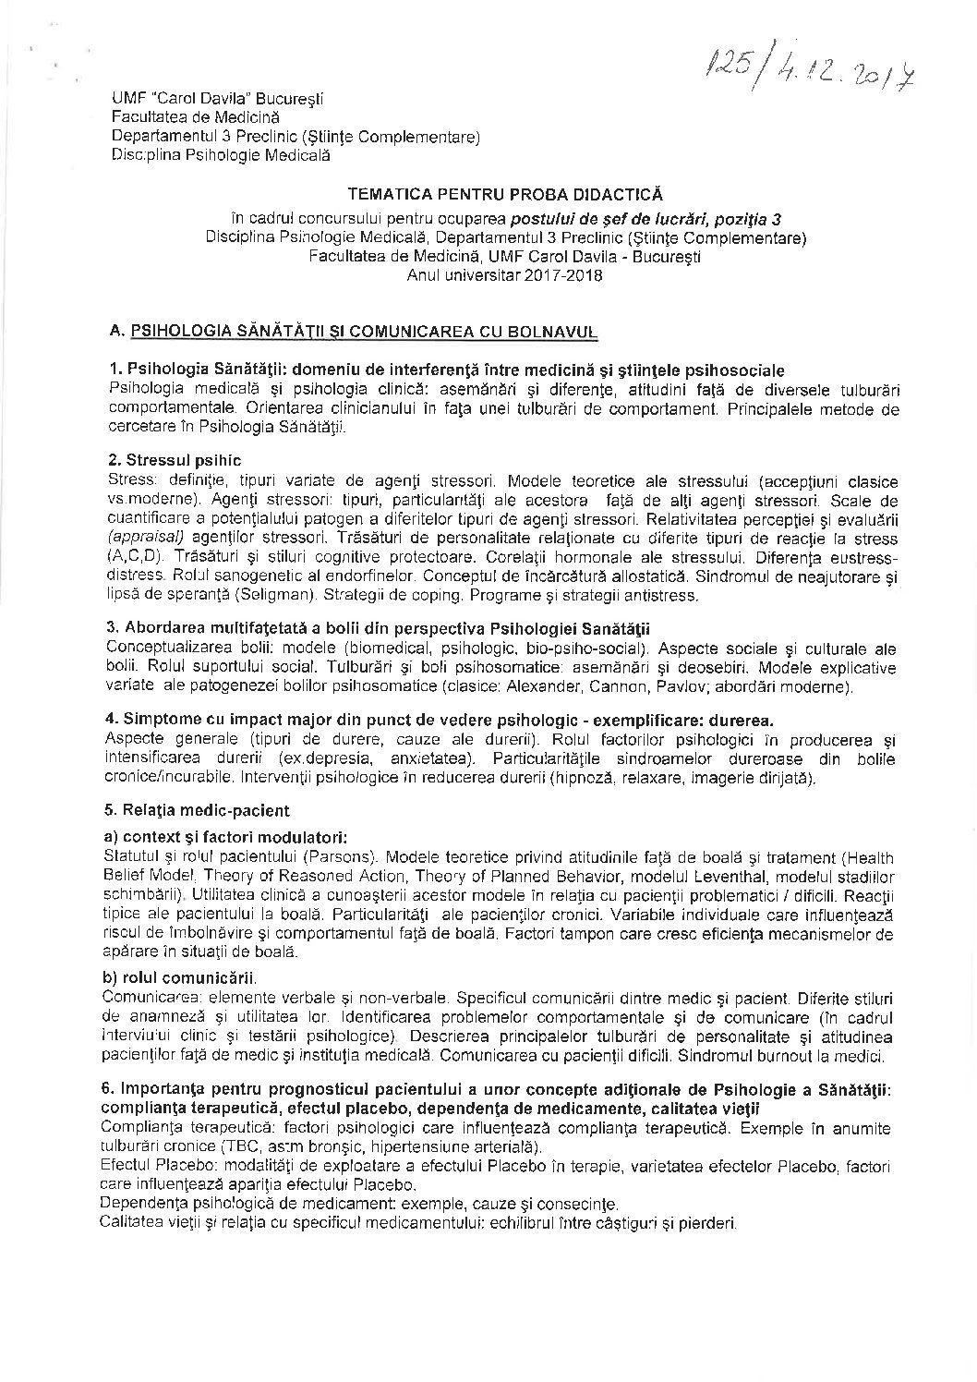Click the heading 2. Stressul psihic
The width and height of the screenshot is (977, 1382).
pos(175,459)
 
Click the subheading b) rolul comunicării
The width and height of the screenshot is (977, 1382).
pos(181,977)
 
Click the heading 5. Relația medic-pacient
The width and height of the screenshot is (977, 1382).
pos(198,810)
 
